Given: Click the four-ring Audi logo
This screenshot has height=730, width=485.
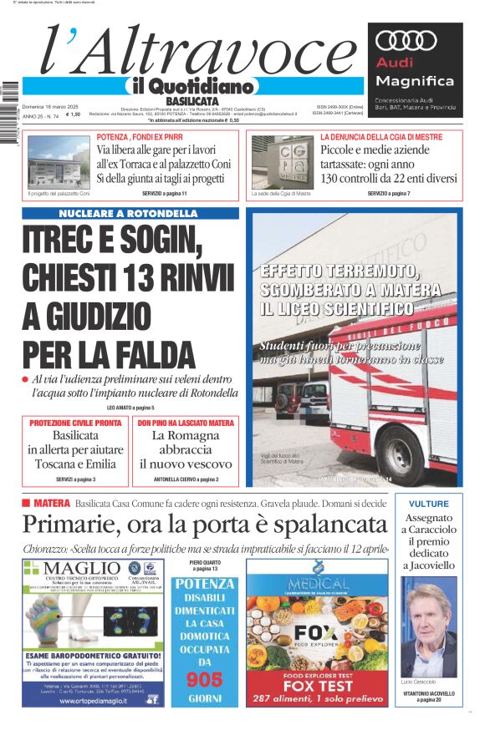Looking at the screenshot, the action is (x=406, y=40).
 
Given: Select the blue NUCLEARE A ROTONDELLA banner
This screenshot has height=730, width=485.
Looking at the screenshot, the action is (x=130, y=213).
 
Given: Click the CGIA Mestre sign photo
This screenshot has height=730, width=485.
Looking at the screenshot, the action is (x=280, y=162).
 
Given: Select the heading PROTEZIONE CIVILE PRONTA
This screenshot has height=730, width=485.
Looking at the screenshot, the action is (x=75, y=423).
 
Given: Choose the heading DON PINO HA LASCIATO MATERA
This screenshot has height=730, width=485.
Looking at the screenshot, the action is (x=186, y=423).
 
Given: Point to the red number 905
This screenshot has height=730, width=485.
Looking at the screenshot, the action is (x=204, y=680).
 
